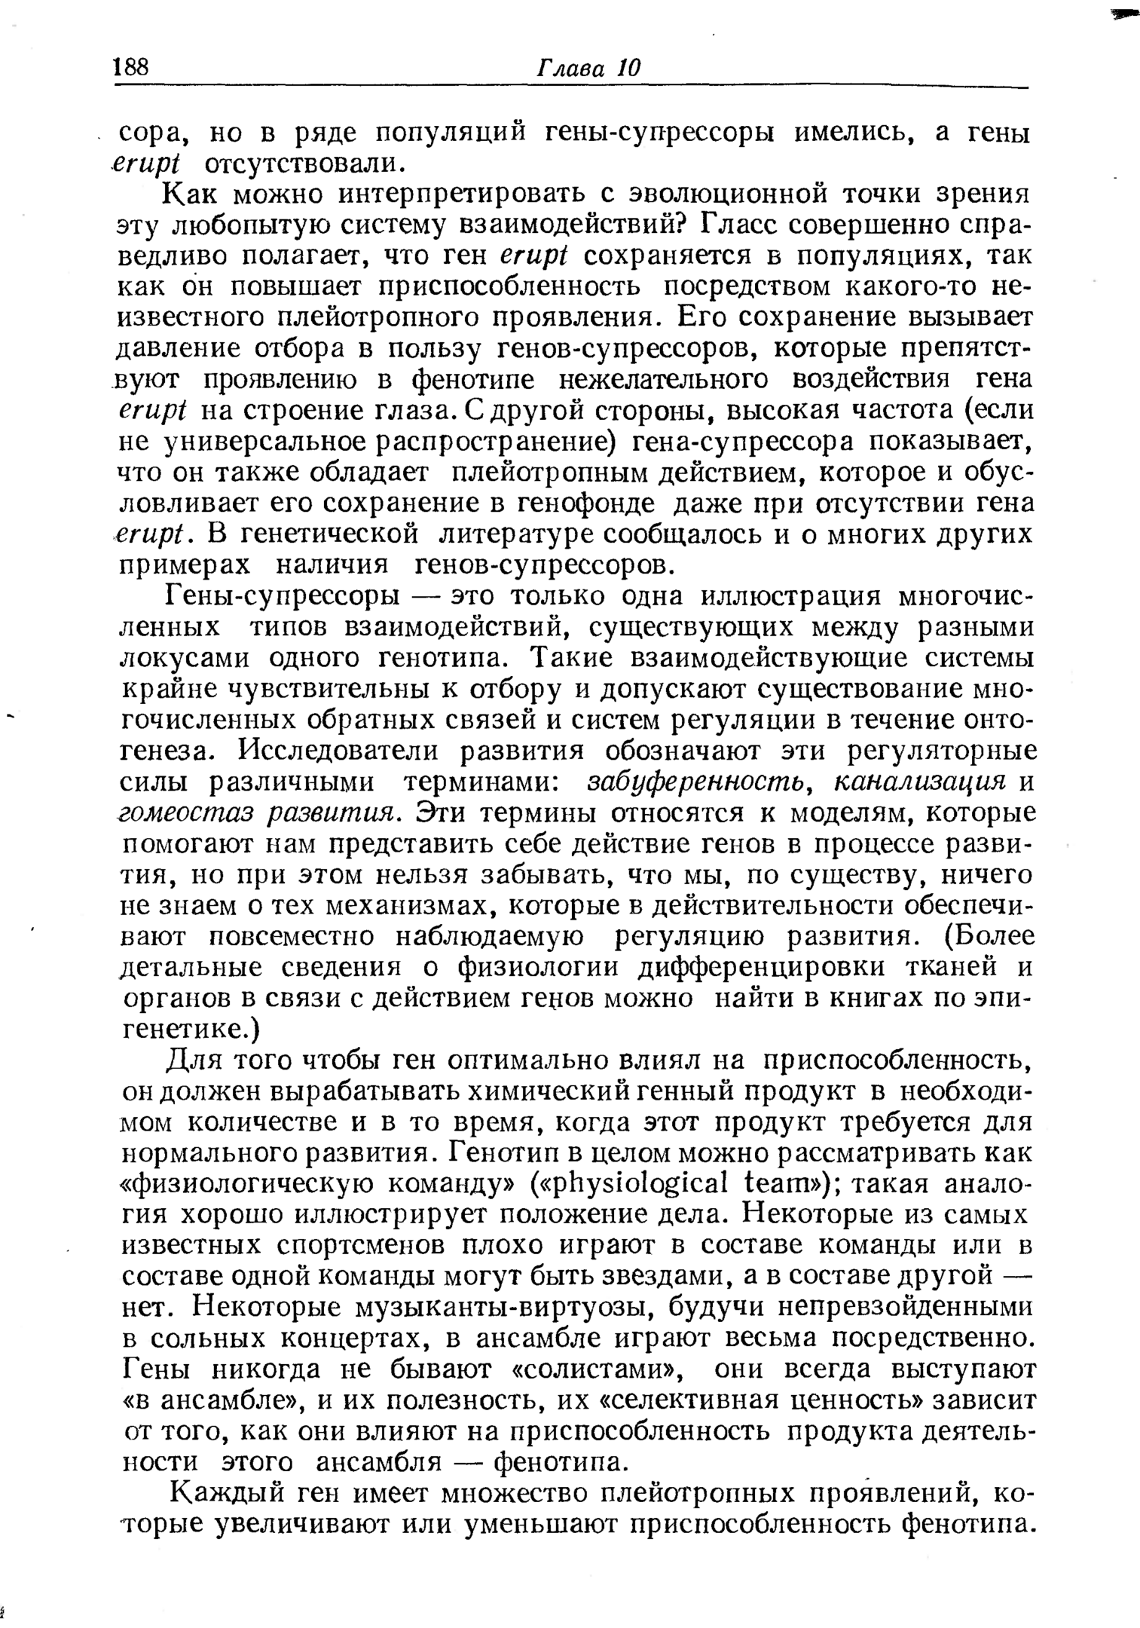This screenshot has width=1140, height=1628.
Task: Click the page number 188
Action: tap(131, 68)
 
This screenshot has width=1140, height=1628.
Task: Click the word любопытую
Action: tap(256, 225)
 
